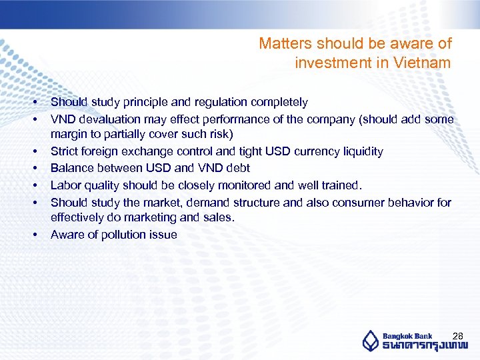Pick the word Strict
tap(65, 151)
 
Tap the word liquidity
tap(360, 151)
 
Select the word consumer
tap(340, 201)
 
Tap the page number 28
tap(457, 335)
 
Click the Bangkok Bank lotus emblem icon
tap(370, 341)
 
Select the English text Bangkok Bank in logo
tap(407, 336)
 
